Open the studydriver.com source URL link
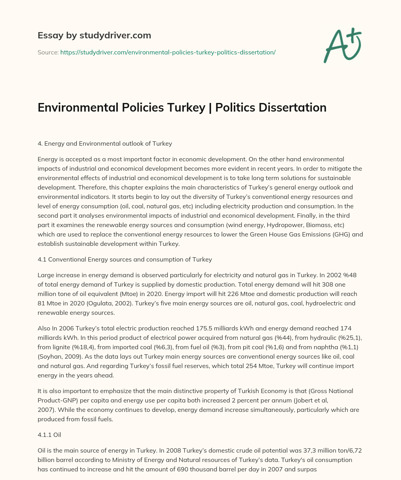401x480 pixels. coord(168,52)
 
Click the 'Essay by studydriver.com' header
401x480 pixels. coord(94,35)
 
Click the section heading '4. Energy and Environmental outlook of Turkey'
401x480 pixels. coord(105,144)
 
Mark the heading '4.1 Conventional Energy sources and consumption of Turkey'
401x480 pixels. coord(125,259)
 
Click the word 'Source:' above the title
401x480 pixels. coord(48,52)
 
